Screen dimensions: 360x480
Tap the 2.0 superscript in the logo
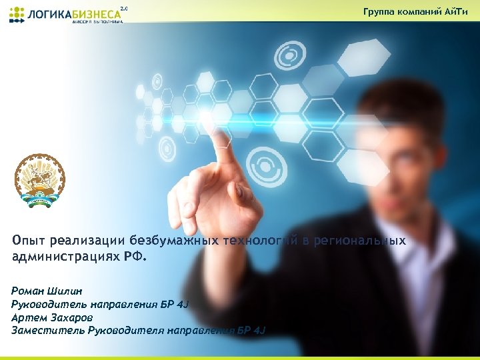tap(123, 8)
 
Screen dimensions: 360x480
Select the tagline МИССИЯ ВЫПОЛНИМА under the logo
tap(97, 21)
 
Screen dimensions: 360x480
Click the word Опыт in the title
tap(27, 241)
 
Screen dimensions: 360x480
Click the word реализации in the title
tap(87, 241)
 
